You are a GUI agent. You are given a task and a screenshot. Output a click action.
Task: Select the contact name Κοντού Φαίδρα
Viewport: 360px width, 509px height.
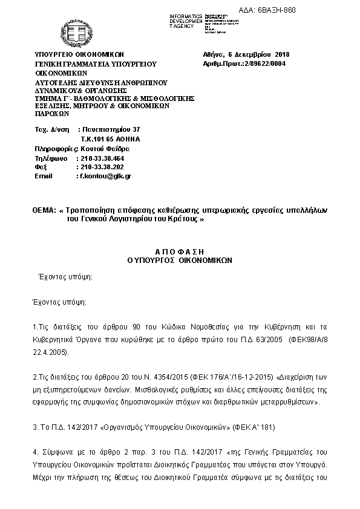point(105,148)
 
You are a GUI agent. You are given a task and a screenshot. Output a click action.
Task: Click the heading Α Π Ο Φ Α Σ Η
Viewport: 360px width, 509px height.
point(180,250)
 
